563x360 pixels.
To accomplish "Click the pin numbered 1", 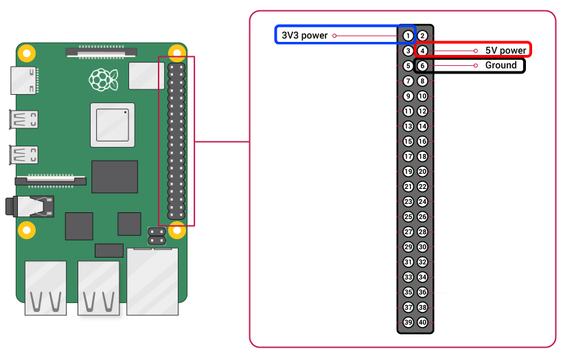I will [x=408, y=36].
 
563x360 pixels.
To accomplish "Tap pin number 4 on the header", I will [x=423, y=51].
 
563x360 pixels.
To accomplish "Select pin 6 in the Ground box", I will [x=423, y=66].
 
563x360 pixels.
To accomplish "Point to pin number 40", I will [x=423, y=322].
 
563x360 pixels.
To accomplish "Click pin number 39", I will [x=408, y=322].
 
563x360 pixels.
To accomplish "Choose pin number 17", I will [x=408, y=157].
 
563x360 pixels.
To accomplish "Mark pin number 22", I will [x=423, y=187].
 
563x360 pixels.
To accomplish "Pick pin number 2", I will [x=423, y=36].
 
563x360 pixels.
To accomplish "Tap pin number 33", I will [x=408, y=277].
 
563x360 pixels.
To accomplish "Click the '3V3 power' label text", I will [x=305, y=35].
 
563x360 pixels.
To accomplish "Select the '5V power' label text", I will [x=506, y=51].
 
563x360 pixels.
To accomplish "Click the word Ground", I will [x=501, y=65].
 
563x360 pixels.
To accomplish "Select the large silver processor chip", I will [x=112, y=126].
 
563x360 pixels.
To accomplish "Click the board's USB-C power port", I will [x=24, y=80].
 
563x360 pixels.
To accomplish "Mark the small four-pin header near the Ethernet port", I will [x=156, y=236].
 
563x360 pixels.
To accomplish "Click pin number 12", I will [x=423, y=111].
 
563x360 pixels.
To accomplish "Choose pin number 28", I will [x=423, y=232].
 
